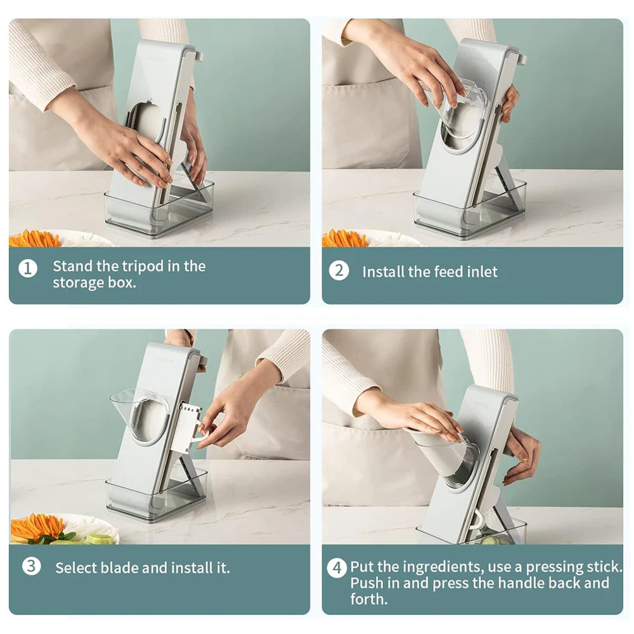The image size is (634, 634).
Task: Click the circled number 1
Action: (28, 268)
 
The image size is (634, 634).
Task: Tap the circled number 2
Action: (339, 271)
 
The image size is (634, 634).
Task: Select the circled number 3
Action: (31, 566)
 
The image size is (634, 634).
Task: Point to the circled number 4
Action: (337, 567)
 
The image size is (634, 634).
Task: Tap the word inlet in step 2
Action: (482, 272)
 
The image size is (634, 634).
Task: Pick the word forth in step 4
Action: (367, 599)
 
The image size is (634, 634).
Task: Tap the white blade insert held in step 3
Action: (189, 426)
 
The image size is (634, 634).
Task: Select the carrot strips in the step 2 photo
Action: (345, 238)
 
